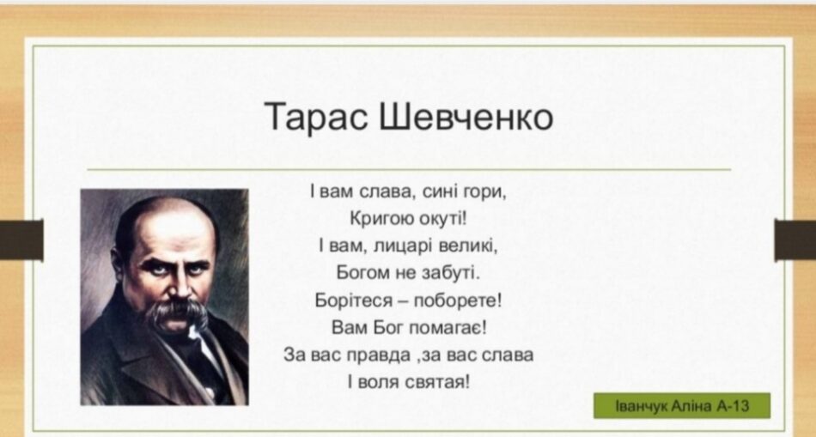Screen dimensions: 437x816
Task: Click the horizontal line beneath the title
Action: pyautogui.click(x=409, y=169)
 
